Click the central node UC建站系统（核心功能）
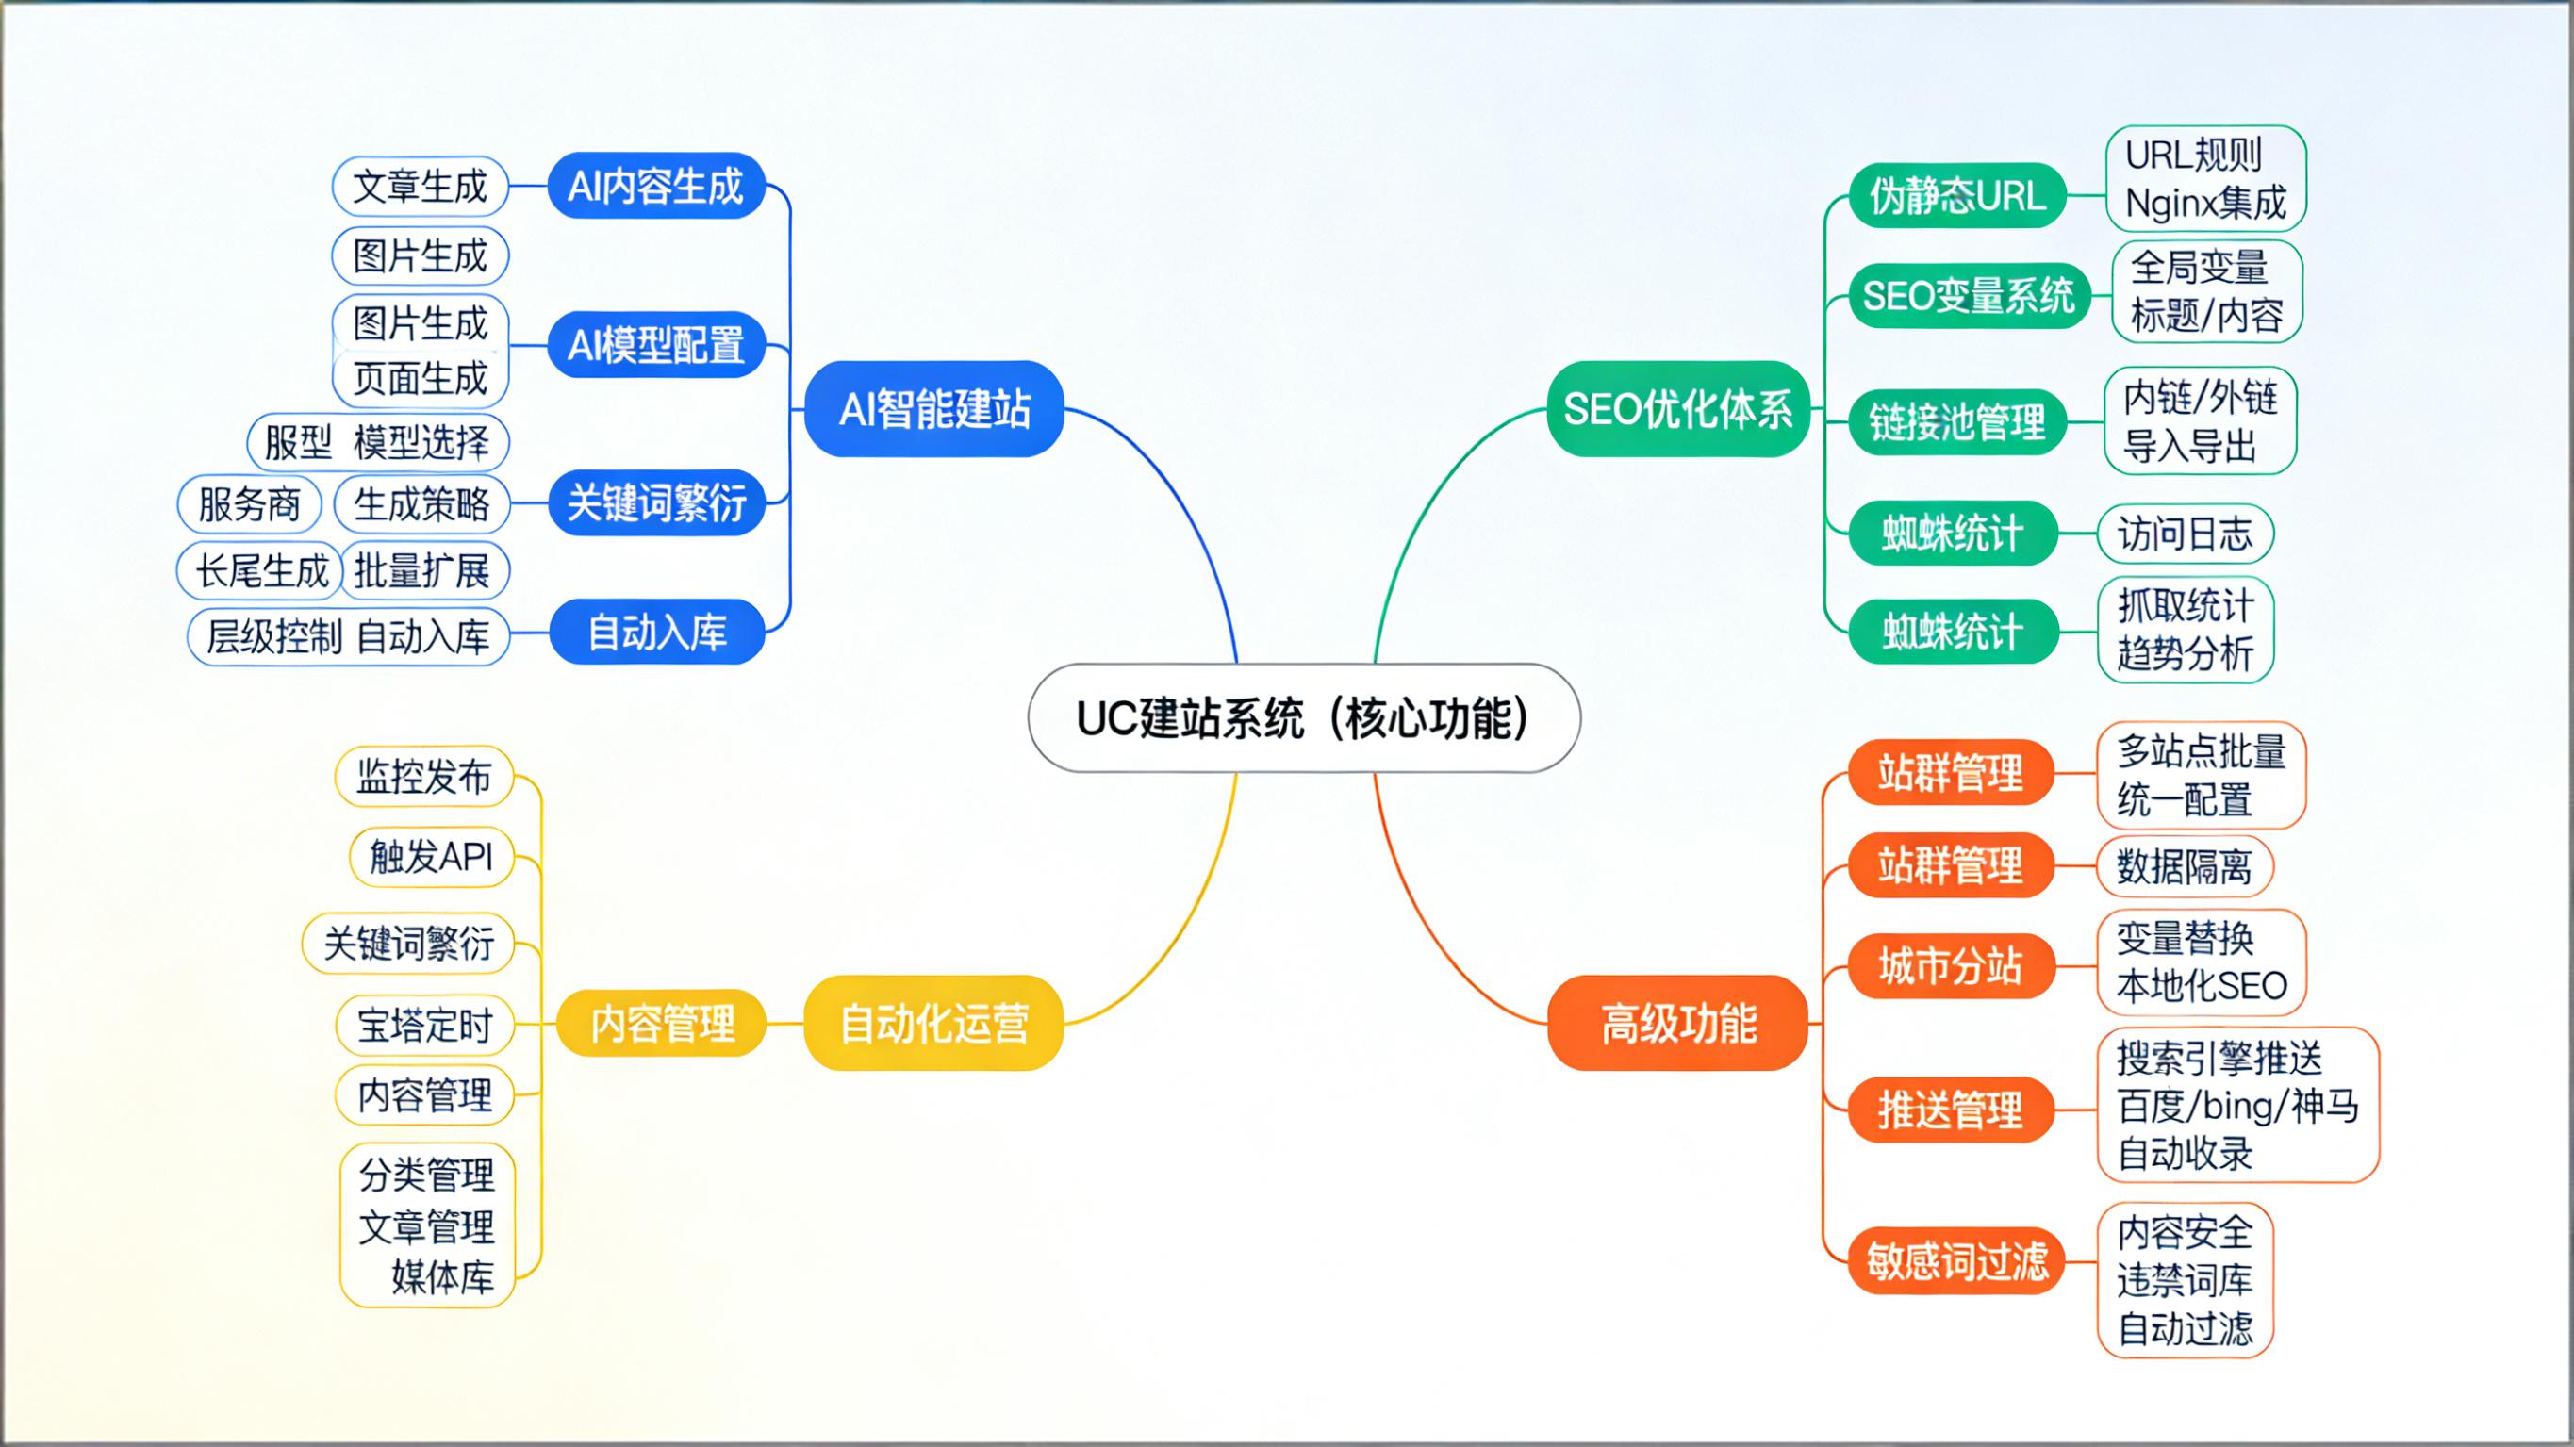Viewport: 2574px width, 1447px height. point(1303,717)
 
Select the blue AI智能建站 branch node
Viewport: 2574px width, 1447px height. point(933,409)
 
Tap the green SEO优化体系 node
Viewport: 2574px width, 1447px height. point(1677,409)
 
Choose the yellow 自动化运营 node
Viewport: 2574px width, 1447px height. point(933,1024)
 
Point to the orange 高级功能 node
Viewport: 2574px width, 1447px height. point(1677,1024)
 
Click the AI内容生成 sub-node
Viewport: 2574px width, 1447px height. point(655,186)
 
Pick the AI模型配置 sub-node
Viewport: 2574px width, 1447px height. point(655,345)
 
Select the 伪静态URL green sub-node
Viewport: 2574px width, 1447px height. point(1956,195)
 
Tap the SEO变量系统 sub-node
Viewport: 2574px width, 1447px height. point(1969,296)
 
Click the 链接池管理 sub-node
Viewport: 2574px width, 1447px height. point(1956,421)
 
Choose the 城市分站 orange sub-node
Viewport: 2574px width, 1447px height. point(1951,966)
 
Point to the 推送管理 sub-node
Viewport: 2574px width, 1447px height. point(1951,1110)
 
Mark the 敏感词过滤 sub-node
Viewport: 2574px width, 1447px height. point(1956,1260)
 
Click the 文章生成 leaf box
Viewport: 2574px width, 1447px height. point(420,186)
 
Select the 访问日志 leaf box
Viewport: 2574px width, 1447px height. point(2185,534)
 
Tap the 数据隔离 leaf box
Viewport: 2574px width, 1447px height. point(2185,865)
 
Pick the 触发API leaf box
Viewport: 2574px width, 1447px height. point(432,856)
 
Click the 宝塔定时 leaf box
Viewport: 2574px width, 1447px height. point(424,1026)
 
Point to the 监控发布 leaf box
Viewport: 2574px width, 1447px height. point(423,777)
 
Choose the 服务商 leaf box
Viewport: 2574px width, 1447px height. point(249,503)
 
